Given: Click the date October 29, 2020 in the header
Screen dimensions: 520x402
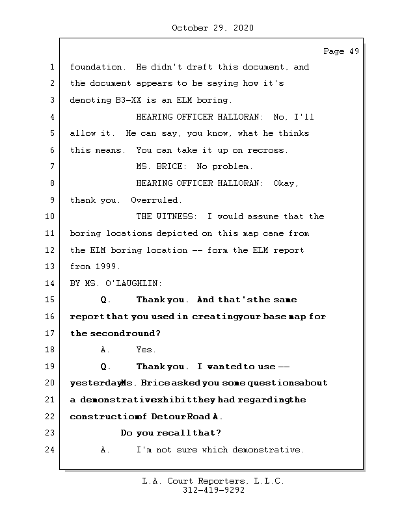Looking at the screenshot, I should [213, 28].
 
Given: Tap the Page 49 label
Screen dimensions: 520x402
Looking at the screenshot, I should [341, 51].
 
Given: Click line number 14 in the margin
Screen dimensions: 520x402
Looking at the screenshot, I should [51, 283].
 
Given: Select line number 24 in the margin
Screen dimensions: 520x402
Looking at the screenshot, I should [51, 450].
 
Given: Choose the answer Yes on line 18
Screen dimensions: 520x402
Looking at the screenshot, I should [146, 350].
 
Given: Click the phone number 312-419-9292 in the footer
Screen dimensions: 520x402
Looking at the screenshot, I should [213, 491].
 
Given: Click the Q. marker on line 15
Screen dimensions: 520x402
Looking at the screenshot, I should [106, 300].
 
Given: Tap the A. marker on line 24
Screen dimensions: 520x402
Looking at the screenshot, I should [106, 450].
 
